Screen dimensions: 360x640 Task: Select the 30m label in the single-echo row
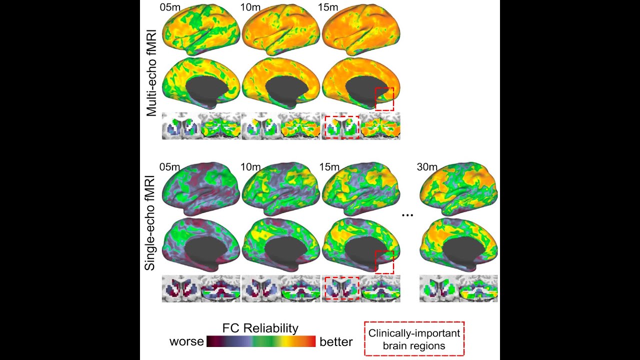(x=427, y=166)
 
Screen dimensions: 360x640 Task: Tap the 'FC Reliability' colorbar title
(x=260, y=328)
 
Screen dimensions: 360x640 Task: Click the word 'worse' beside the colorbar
(x=186, y=342)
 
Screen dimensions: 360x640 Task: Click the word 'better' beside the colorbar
(x=336, y=342)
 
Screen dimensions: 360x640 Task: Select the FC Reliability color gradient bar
(x=260, y=342)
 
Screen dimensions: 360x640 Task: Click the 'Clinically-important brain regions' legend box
(x=413, y=338)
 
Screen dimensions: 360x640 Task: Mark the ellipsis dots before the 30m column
(x=407, y=215)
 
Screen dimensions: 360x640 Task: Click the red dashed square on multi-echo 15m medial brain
(x=384, y=99)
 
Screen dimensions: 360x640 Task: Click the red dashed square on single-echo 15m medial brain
(x=384, y=262)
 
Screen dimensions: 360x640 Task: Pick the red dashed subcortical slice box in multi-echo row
(x=342, y=127)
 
